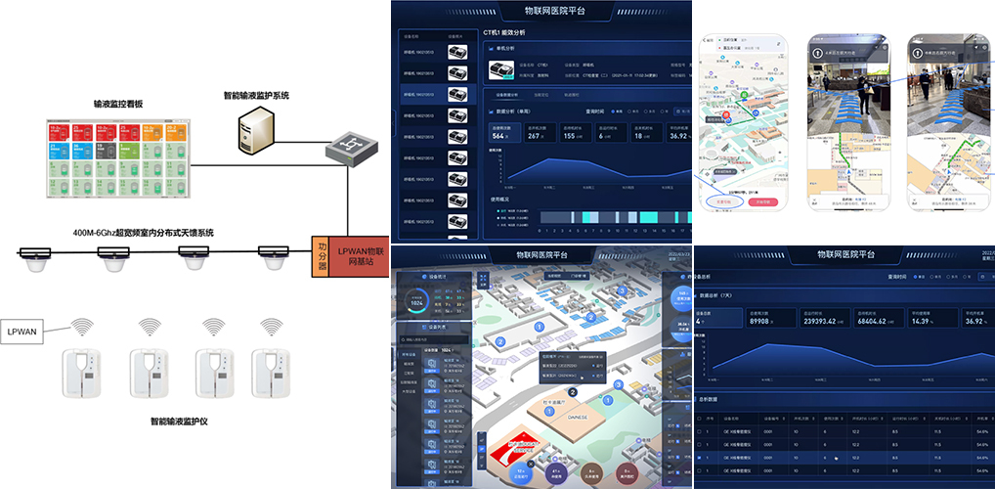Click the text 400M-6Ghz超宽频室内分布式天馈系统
[143, 233]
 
